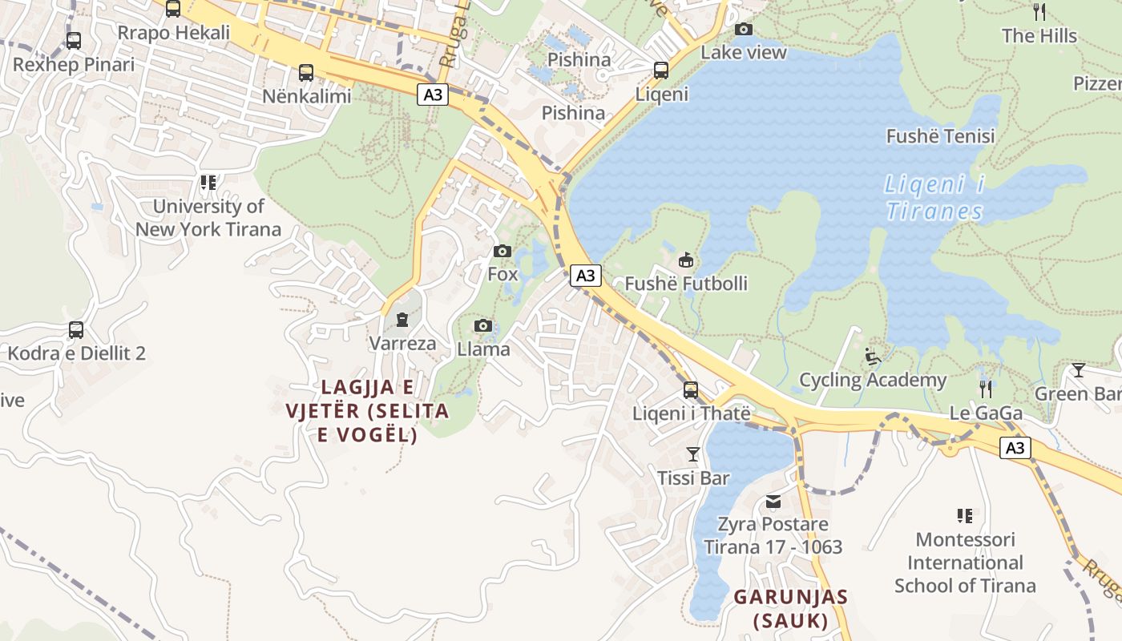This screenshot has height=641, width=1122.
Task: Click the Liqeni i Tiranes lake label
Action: tap(934, 198)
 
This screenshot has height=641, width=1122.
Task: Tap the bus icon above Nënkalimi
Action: tap(306, 73)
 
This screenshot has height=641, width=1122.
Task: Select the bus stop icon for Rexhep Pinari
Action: tap(74, 40)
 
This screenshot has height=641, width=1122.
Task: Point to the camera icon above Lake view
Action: tap(744, 30)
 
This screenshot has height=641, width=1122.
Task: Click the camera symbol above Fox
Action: tap(502, 252)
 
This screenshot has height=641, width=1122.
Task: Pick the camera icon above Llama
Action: tap(482, 325)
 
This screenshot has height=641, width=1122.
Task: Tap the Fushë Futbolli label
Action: tap(686, 284)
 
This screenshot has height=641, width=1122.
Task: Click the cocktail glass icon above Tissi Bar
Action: tap(693, 455)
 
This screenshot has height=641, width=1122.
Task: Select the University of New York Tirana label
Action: tap(208, 218)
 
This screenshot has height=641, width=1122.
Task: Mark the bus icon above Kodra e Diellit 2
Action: tap(76, 329)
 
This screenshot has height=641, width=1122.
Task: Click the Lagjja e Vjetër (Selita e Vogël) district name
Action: tap(367, 411)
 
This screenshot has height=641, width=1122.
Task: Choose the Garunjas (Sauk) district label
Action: tap(791, 609)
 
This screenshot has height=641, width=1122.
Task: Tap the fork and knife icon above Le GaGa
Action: tap(986, 389)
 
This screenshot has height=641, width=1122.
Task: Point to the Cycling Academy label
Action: tap(873, 380)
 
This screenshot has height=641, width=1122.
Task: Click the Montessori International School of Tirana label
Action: tap(965, 562)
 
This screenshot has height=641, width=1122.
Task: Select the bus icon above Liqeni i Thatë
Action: tap(691, 390)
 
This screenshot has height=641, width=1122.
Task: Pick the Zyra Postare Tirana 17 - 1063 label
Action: tap(773, 536)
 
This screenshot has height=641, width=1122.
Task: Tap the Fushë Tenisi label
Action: tap(940, 136)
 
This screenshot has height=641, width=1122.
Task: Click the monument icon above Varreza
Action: tap(402, 320)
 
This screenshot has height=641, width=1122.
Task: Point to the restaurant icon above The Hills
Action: tap(1039, 11)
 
